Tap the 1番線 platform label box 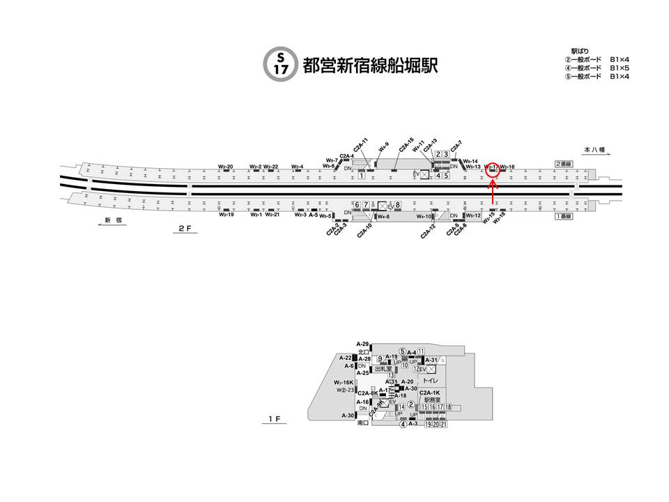pyautogui.click(x=564, y=217)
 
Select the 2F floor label pyautogui.click(x=184, y=228)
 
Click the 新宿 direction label pyautogui.click(x=114, y=220)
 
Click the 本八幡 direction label pyautogui.click(x=596, y=150)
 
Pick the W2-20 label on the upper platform pyautogui.click(x=225, y=167)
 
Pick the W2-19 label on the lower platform pyautogui.click(x=225, y=214)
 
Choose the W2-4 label pyautogui.click(x=298, y=167)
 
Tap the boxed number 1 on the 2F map pyautogui.click(x=362, y=176)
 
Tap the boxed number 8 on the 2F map pyautogui.click(x=399, y=204)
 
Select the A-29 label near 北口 pyautogui.click(x=362, y=344)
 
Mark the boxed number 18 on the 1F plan pyautogui.click(x=449, y=407)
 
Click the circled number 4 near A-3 pyautogui.click(x=403, y=425)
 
